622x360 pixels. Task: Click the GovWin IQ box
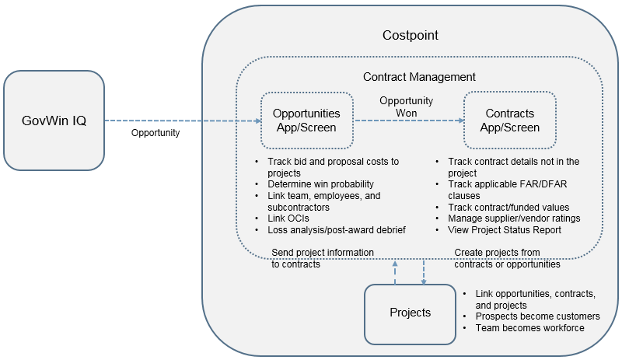point(54,121)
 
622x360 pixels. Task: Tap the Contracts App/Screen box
point(509,121)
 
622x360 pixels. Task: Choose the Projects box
point(410,313)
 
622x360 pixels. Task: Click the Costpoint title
point(411,36)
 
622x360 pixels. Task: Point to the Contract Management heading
point(419,77)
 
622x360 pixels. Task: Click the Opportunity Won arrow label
point(407,107)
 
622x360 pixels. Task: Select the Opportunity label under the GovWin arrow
point(156,133)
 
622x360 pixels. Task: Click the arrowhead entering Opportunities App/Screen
point(256,121)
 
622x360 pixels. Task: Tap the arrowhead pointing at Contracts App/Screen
point(459,121)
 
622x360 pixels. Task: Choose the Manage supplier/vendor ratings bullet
point(514,218)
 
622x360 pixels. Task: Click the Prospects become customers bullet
point(537,316)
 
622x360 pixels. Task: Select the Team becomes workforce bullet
point(530,328)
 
